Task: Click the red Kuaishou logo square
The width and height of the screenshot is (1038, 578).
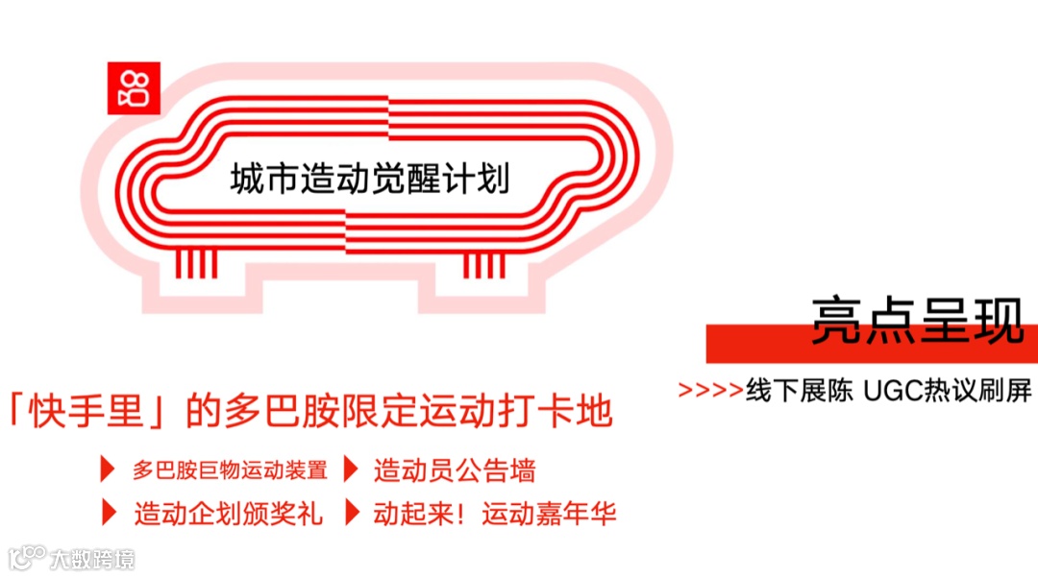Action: point(133,88)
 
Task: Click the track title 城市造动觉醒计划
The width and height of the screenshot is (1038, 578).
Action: point(370,180)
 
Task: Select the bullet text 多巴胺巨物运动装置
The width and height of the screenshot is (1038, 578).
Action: point(230,470)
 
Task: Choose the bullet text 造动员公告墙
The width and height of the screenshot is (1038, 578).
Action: point(455,470)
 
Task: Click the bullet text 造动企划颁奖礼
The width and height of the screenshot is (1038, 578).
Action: point(229,514)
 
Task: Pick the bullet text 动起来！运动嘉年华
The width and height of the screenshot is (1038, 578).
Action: point(494,514)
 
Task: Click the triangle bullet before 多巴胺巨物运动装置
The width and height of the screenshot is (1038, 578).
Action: point(107,470)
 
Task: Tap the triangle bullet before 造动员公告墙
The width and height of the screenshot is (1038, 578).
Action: point(352,470)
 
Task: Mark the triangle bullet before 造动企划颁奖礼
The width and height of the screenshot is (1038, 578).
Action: point(107,513)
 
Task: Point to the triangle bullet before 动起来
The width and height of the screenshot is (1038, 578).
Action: point(352,513)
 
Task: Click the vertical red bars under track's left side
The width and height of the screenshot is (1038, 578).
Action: point(195,264)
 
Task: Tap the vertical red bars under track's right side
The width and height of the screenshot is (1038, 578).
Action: point(484,264)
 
